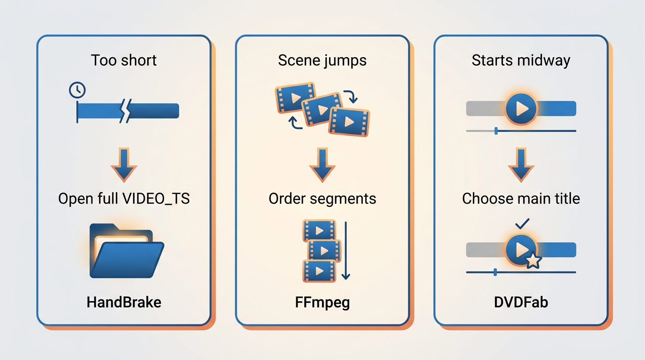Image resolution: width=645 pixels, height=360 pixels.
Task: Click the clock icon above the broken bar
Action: tap(77, 90)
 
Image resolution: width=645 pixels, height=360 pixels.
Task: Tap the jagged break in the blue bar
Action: tap(126, 111)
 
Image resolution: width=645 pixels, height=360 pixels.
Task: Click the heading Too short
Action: tap(124, 60)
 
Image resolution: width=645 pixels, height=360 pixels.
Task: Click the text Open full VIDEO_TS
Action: tap(124, 198)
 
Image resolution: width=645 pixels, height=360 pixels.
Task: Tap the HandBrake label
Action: tap(124, 302)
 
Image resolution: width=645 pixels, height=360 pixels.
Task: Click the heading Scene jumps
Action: tap(322, 60)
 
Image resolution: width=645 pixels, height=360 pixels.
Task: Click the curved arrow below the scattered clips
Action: tap(294, 123)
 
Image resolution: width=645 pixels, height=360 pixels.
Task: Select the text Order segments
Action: tap(322, 199)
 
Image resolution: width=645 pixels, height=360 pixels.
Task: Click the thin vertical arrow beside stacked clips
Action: tap(345, 251)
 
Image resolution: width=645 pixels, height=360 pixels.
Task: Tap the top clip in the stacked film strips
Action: tap(319, 231)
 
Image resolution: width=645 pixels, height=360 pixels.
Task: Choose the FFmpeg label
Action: tap(322, 303)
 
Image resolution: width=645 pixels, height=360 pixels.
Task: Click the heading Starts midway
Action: tap(521, 60)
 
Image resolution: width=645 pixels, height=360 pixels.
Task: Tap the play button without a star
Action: tap(521, 108)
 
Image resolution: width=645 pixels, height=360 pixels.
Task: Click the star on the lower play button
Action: tap(533, 261)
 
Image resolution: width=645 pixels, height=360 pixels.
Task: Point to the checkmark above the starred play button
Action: tap(522, 224)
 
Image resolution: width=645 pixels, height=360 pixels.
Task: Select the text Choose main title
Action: tap(521, 198)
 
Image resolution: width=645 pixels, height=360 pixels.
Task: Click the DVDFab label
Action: tap(521, 302)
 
